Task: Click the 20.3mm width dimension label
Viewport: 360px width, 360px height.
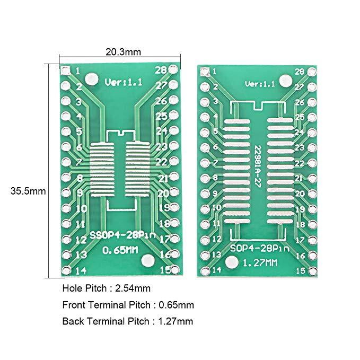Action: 123,52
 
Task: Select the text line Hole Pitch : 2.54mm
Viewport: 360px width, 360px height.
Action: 107,288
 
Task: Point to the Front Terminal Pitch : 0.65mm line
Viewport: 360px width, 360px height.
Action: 128,305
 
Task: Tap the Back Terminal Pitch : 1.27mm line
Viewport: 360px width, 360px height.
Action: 127,321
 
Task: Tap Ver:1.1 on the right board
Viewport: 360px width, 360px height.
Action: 260,84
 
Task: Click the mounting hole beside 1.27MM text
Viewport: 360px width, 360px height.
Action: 231,262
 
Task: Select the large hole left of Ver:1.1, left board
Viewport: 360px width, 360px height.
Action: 92,79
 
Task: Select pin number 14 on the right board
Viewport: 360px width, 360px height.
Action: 216,270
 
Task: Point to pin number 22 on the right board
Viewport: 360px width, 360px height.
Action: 299,163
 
